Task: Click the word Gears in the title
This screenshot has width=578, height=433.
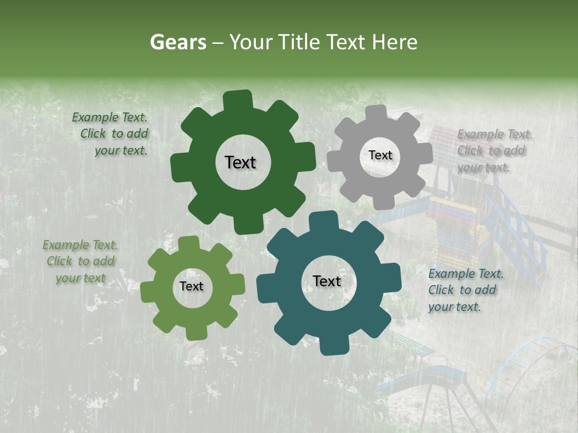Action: [x=178, y=42]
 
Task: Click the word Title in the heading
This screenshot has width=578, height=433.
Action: [x=299, y=42]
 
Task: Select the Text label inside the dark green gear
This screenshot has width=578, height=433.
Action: [x=240, y=162]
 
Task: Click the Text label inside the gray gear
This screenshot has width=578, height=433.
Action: [x=380, y=155]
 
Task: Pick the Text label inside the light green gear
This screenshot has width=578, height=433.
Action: [x=191, y=286]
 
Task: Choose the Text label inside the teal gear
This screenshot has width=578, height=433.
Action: [x=327, y=281]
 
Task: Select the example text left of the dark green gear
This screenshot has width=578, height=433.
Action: [x=112, y=134]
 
